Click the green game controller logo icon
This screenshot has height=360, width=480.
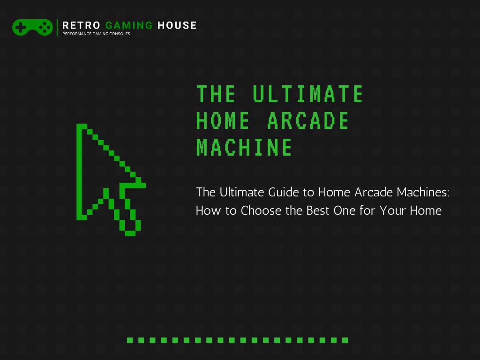click(x=32, y=27)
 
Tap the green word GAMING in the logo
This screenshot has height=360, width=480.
click(x=129, y=25)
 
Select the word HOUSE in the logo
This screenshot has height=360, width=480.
click(x=177, y=25)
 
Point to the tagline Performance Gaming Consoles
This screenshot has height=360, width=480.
click(x=96, y=34)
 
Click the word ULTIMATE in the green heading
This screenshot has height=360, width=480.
click(x=308, y=94)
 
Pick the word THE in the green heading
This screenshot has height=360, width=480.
click(x=216, y=94)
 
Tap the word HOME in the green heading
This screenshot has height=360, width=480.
click(x=223, y=121)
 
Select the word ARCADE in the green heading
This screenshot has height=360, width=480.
click(x=308, y=121)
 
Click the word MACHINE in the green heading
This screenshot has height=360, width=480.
click(x=244, y=147)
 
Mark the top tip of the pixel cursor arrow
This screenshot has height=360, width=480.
click(x=79, y=127)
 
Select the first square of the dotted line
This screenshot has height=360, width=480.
click(x=130, y=340)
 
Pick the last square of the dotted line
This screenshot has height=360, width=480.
click(x=345, y=340)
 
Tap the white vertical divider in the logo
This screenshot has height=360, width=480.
click(x=57, y=27)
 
